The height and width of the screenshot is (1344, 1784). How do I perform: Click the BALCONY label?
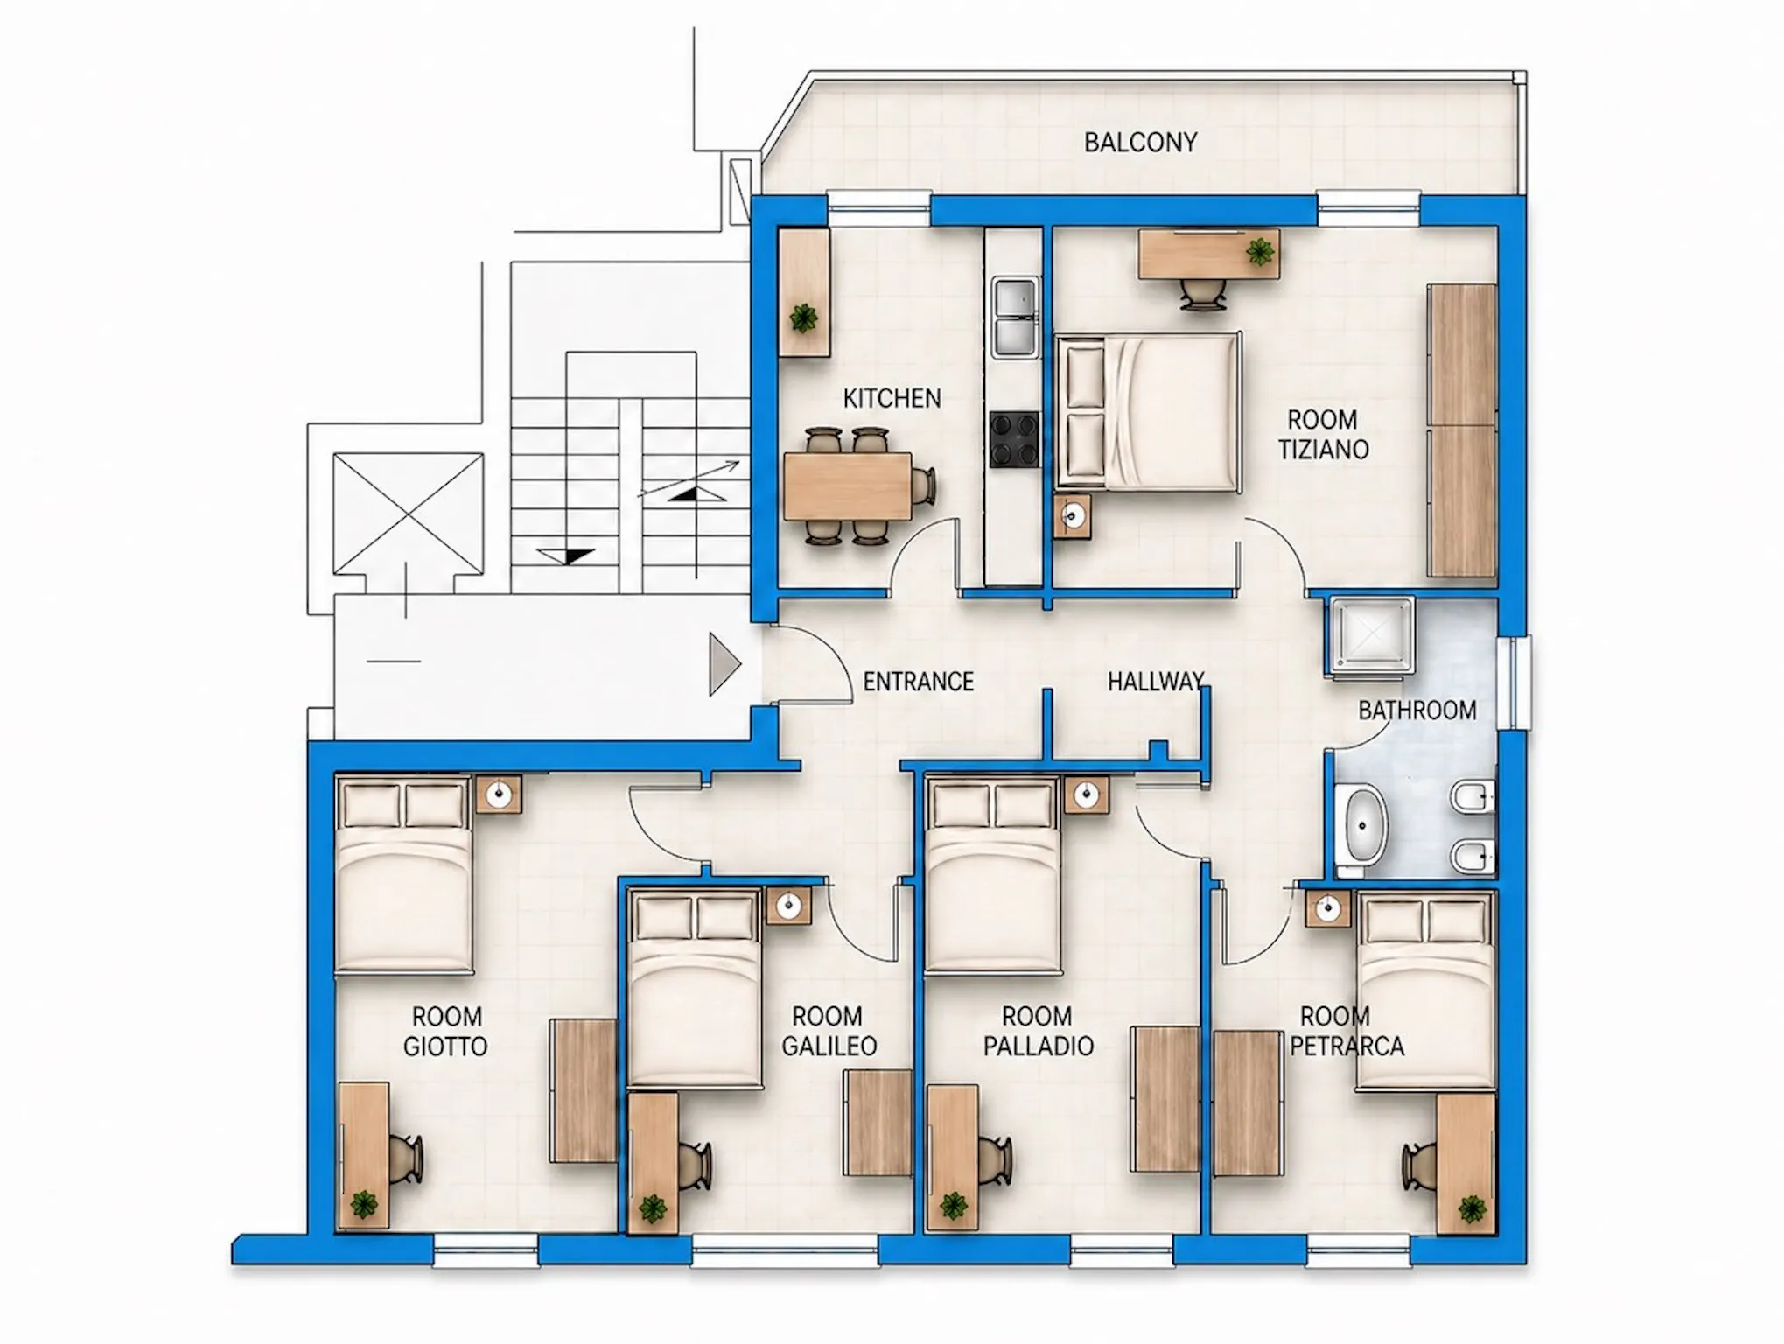coord(1140,142)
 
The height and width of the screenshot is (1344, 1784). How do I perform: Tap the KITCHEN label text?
coord(892,399)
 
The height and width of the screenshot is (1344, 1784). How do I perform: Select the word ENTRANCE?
coord(918,682)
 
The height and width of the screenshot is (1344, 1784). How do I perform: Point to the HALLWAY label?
coord(1156,682)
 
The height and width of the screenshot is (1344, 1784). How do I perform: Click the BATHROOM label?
coord(1417,710)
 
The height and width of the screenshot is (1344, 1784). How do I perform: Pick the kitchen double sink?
coord(1015,316)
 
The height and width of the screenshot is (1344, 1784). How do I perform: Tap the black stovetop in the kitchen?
coord(1015,438)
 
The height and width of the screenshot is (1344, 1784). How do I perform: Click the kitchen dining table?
coord(848,486)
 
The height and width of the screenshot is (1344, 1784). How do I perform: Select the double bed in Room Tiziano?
coord(1148,412)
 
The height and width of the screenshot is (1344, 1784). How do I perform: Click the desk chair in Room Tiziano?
coord(1203,295)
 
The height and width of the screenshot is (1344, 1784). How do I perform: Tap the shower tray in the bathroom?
coord(1369,636)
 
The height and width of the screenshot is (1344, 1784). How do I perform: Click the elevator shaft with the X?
coord(408,514)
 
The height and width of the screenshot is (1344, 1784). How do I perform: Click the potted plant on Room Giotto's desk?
coord(364,1205)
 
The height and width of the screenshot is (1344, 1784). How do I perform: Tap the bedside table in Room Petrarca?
coord(1328,909)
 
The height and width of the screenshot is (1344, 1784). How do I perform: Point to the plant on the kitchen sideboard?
coord(803,318)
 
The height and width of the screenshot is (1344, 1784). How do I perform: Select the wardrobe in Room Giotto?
coord(583,1091)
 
